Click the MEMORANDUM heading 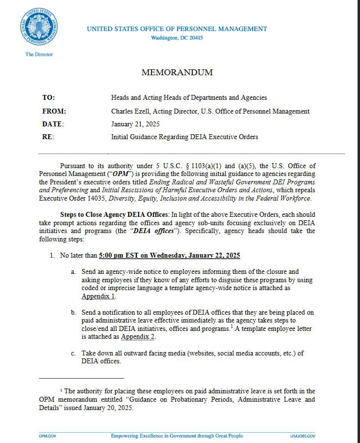click(x=177, y=72)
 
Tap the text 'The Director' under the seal click(x=39, y=54)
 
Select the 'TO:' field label click(x=48, y=98)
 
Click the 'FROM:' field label click(x=54, y=111)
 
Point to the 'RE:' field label click(x=48, y=137)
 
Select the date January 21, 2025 click(x=135, y=124)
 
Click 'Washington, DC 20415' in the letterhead click(x=177, y=38)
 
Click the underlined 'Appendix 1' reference click(x=98, y=296)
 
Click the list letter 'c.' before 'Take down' click(x=73, y=353)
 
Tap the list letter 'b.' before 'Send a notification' click(x=73, y=313)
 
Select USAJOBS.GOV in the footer click(x=302, y=436)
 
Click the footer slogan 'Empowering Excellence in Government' click(x=163, y=436)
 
